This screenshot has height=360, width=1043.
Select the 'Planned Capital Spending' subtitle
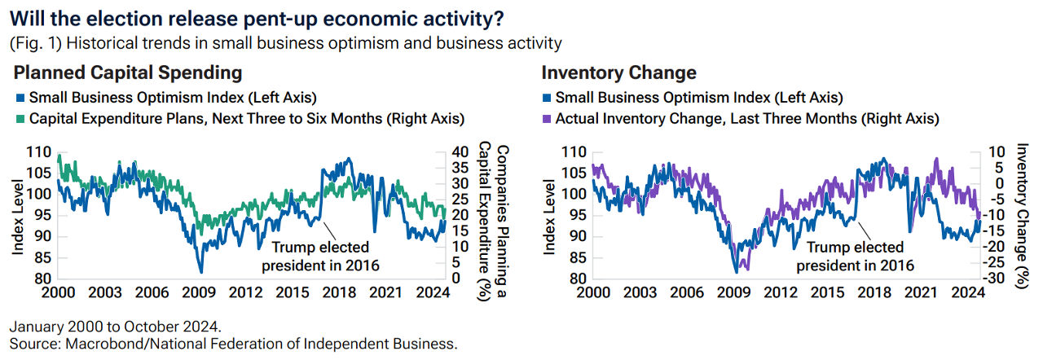point(128,72)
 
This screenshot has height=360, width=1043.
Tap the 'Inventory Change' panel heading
point(618,72)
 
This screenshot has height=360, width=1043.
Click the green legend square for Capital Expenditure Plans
point(20,119)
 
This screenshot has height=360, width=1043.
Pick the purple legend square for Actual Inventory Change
point(547,119)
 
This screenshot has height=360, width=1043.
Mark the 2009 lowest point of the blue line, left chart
point(200,272)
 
